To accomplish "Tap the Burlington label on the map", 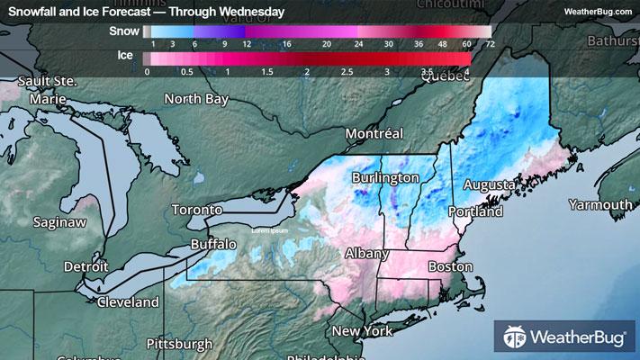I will tap(385, 177).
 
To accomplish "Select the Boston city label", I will tap(451, 266).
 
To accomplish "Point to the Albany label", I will tap(366, 254).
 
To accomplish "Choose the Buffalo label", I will tap(213, 244).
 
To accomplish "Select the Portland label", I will tap(473, 212).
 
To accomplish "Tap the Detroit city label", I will tap(86, 266).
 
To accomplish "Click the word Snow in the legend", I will tap(123, 31).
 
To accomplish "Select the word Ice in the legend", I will tap(127, 56).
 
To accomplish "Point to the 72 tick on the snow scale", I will tap(490, 43).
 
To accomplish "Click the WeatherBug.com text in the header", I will tap(597, 12).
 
